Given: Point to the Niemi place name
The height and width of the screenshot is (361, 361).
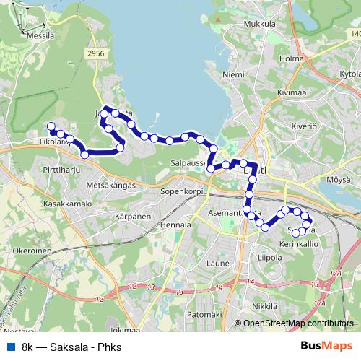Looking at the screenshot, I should pyautogui.click(x=234, y=74).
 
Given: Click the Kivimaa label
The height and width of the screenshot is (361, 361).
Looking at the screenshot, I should pyautogui.click(x=280, y=92).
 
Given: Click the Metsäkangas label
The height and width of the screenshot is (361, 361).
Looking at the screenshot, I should pyautogui.click(x=111, y=185).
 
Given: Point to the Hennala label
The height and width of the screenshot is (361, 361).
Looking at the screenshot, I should pyautogui.click(x=178, y=225).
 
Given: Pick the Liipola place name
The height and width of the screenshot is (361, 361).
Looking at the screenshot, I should pyautogui.click(x=269, y=256).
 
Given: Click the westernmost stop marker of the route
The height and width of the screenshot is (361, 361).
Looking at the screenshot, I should pyautogui.click(x=51, y=127).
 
